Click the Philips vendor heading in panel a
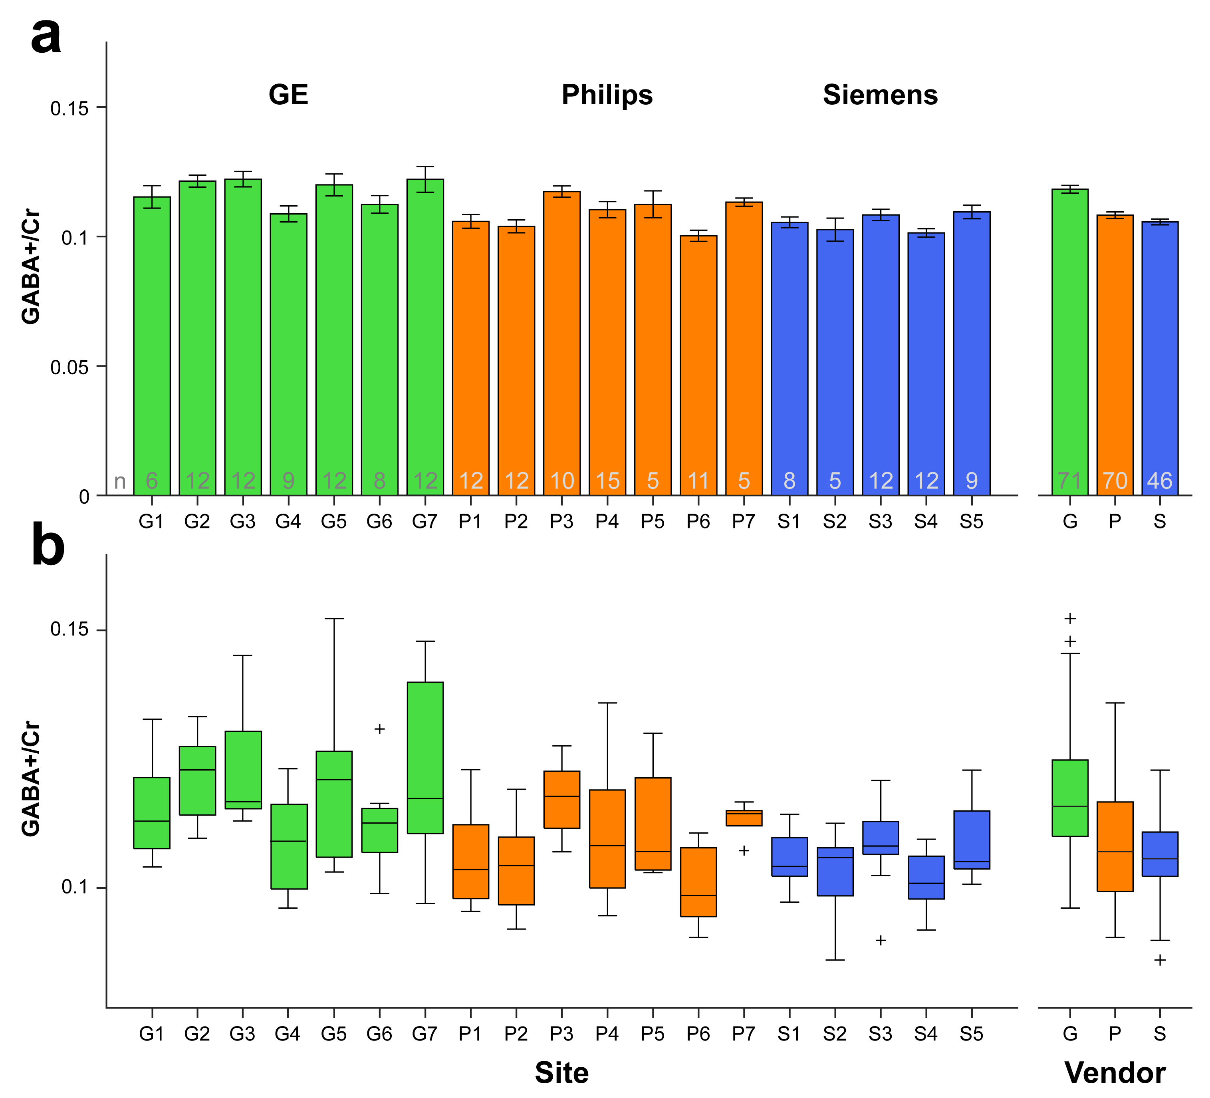[x=607, y=95]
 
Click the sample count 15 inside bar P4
[x=607, y=481]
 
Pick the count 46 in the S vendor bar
[x=1160, y=481]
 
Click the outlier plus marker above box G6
[x=379, y=729]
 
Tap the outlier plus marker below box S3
[x=881, y=940]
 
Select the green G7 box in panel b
[x=425, y=758]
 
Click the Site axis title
[x=562, y=1073]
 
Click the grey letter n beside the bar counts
[x=120, y=481]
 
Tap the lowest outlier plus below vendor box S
[x=1160, y=960]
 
